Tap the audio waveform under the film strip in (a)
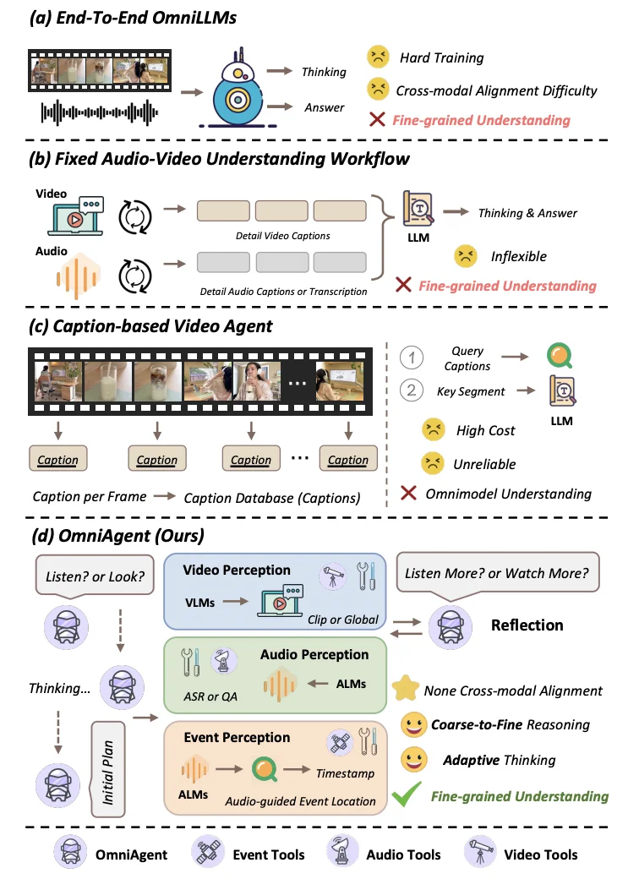(99, 112)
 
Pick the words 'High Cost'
(486, 430)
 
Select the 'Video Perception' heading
(236, 570)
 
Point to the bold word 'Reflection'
(527, 625)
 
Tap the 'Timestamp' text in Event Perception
(345, 773)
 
